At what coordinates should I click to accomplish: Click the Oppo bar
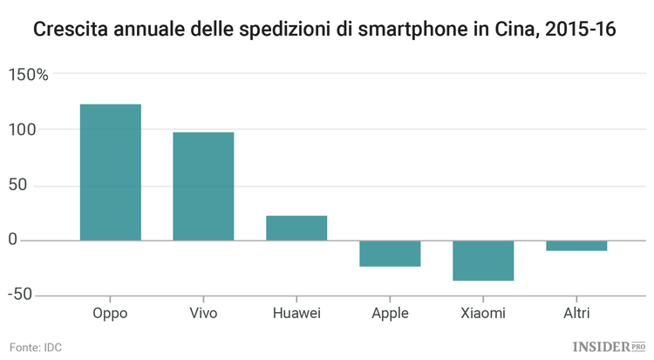click(111, 172)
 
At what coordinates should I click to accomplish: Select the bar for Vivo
click(203, 186)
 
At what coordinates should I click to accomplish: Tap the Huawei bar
click(296, 228)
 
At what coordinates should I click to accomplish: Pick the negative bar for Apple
click(390, 253)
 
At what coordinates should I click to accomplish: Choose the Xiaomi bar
click(483, 260)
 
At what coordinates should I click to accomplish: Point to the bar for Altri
click(576, 245)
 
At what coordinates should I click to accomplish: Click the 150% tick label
click(28, 74)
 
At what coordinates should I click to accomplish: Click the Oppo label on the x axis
click(111, 313)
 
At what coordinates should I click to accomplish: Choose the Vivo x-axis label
click(203, 313)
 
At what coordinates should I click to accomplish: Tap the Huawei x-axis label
click(296, 313)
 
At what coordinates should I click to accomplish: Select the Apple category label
click(390, 313)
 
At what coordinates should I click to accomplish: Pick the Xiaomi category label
click(483, 313)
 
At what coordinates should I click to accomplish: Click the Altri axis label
click(576, 313)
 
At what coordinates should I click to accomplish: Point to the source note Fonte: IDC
click(36, 346)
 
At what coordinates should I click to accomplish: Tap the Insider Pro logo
click(606, 346)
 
